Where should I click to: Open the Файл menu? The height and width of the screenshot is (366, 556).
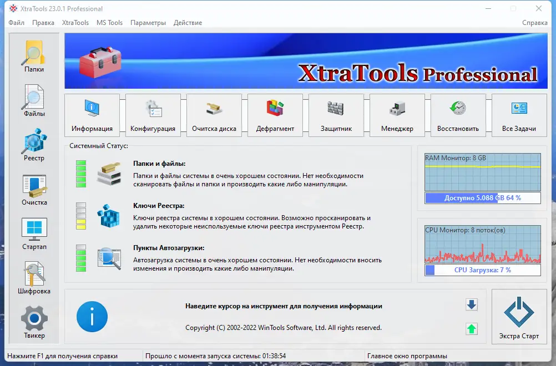click(16, 23)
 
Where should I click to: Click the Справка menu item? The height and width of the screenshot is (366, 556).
click(535, 23)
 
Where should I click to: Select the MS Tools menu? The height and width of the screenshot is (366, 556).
click(109, 23)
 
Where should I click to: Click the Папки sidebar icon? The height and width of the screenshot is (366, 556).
click(34, 53)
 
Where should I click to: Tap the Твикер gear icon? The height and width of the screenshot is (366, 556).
click(34, 318)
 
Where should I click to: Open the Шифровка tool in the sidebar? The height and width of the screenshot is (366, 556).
click(34, 274)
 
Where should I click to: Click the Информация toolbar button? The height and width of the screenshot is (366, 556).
click(92, 115)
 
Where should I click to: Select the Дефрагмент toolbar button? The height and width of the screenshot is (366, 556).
click(275, 115)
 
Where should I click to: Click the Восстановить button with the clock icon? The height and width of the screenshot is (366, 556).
click(458, 115)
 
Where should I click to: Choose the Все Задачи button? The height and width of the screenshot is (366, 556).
click(519, 115)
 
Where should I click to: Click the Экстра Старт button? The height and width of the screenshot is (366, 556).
click(519, 317)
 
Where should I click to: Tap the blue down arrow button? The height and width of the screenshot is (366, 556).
click(472, 304)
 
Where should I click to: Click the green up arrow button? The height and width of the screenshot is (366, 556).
click(472, 329)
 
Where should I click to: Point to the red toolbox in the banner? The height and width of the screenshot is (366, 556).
click(100, 62)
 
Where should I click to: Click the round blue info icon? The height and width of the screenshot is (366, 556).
click(92, 317)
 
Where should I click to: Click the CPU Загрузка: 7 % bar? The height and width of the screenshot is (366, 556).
click(483, 270)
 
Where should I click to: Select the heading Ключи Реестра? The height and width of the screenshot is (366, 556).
click(159, 206)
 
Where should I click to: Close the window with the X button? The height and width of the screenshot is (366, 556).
click(539, 8)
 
